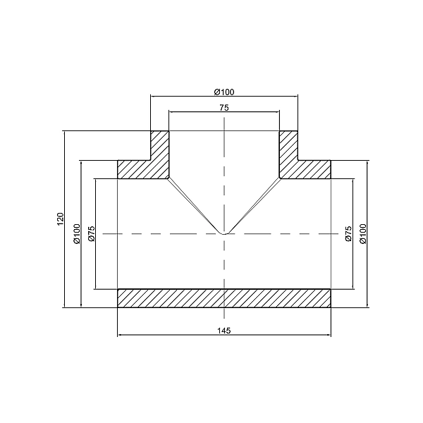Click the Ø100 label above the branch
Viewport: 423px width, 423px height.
[x=223, y=92]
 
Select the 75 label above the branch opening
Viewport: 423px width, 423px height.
[x=223, y=108]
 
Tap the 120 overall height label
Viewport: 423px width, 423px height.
[x=60, y=219]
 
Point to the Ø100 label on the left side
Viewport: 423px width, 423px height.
[x=77, y=233]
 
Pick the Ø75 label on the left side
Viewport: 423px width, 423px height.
[x=91, y=233]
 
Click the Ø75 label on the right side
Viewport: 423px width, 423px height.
[x=348, y=233]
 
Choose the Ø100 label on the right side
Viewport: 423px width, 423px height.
[x=362, y=233]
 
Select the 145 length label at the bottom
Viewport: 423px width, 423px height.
[x=223, y=330]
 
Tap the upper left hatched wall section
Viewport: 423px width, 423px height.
[x=152, y=162]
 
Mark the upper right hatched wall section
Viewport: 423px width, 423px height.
[x=296, y=162]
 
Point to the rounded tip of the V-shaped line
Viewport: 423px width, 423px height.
[x=223, y=233]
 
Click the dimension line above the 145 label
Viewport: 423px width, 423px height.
[x=176, y=336]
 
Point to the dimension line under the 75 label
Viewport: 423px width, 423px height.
[x=197, y=112]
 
